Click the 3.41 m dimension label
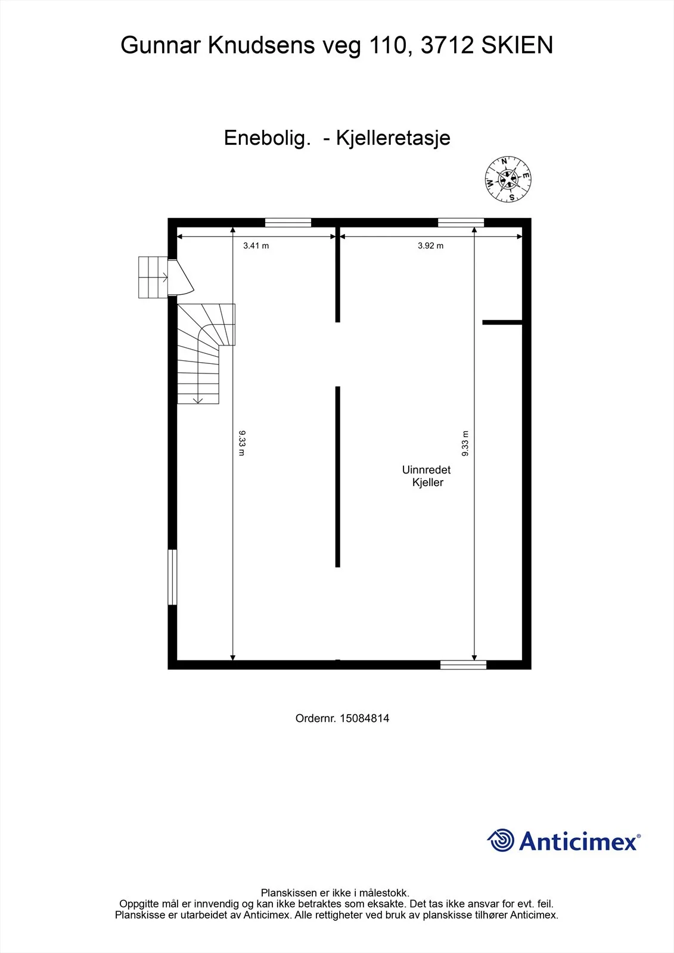pos(256,245)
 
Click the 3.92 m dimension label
pos(430,245)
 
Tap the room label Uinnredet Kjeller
pos(426,476)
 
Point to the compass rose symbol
pos(508,179)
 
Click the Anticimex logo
pos(564,840)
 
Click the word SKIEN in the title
pos(517,45)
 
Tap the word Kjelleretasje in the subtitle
pos(393,138)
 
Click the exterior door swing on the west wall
pos(181,277)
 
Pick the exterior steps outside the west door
pos(153,277)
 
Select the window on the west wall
pos(172,577)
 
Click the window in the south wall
pos(463,665)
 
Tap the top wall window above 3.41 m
pos(288,223)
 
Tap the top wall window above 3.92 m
pos(461,223)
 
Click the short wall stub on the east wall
pos(502,322)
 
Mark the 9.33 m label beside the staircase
pos(242,443)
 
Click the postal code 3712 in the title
pos(447,45)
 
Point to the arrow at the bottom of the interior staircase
pos(198,400)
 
